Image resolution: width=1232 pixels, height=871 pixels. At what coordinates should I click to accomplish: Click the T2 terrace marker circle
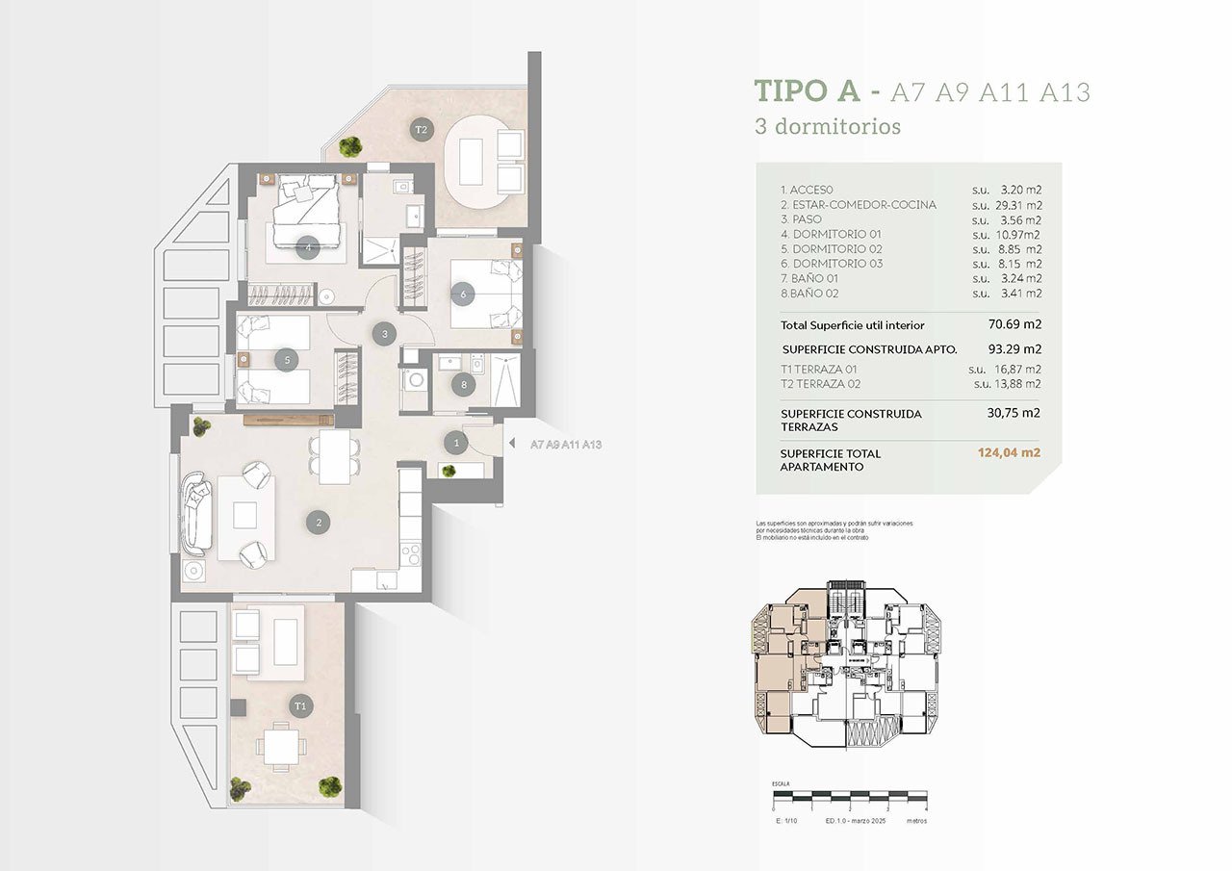pyautogui.click(x=421, y=129)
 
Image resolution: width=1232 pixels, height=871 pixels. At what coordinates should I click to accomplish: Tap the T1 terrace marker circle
pyautogui.click(x=301, y=705)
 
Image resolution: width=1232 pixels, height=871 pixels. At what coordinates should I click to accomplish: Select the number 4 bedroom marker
pyautogui.click(x=307, y=246)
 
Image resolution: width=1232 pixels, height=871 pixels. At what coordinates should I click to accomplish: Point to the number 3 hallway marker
pyautogui.click(x=384, y=334)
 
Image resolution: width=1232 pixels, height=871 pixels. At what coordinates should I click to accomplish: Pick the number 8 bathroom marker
pyautogui.click(x=464, y=385)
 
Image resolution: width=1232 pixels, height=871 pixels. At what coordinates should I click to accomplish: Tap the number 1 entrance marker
pyautogui.click(x=455, y=443)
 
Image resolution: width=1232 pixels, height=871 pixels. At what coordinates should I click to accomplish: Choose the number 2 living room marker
pyautogui.click(x=318, y=524)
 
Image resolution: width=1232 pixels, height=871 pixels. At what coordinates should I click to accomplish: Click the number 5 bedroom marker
pyautogui.click(x=286, y=360)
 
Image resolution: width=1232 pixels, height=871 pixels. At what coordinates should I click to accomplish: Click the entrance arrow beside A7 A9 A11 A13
pyautogui.click(x=512, y=445)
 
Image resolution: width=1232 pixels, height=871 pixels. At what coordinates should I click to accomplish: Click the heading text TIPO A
pyautogui.click(x=807, y=91)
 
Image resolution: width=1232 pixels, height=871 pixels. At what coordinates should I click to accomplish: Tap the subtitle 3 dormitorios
pyautogui.click(x=828, y=126)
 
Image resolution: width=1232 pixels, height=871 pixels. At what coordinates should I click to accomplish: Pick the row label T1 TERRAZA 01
pyautogui.click(x=818, y=369)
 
